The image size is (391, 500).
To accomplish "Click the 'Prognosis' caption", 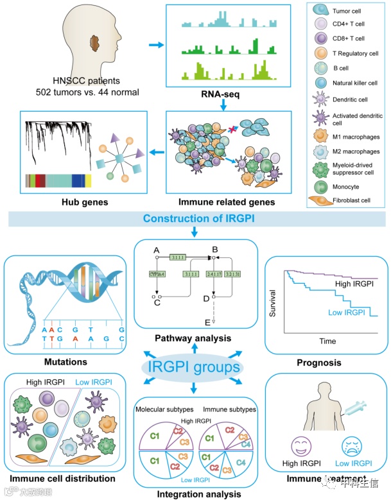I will (318, 363).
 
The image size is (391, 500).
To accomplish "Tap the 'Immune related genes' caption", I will (220, 202).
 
